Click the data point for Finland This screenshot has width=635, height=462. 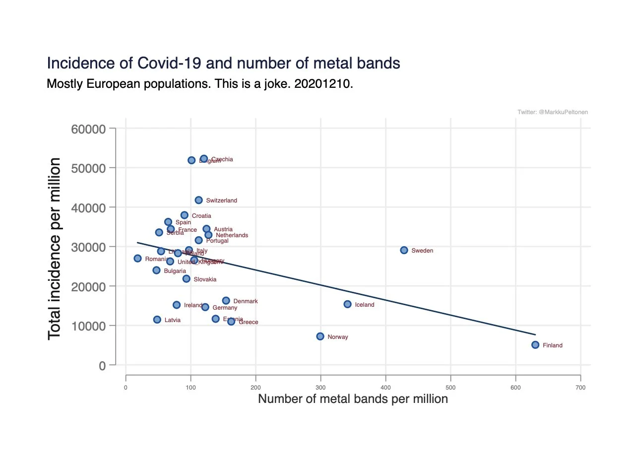(x=535, y=345)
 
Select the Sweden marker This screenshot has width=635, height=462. (x=404, y=250)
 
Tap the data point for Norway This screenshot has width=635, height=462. (x=320, y=336)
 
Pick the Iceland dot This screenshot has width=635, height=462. (x=347, y=304)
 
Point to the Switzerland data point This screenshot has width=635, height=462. (x=198, y=200)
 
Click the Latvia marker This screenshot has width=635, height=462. (x=157, y=320)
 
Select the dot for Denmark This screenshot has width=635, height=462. (x=226, y=301)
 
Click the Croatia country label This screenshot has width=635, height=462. (x=201, y=216)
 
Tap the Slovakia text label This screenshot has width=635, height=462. (x=205, y=279)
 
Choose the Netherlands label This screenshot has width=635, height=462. (x=232, y=235)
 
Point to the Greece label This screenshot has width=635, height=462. (x=249, y=322)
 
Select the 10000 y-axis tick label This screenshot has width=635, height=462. (x=89, y=326)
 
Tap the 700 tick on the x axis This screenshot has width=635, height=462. (x=580, y=387)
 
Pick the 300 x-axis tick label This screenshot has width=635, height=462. (x=320, y=387)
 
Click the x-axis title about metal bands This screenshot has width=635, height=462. (x=353, y=399)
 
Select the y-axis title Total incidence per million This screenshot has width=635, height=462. (x=55, y=249)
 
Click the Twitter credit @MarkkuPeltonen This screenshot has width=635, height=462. (x=553, y=112)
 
